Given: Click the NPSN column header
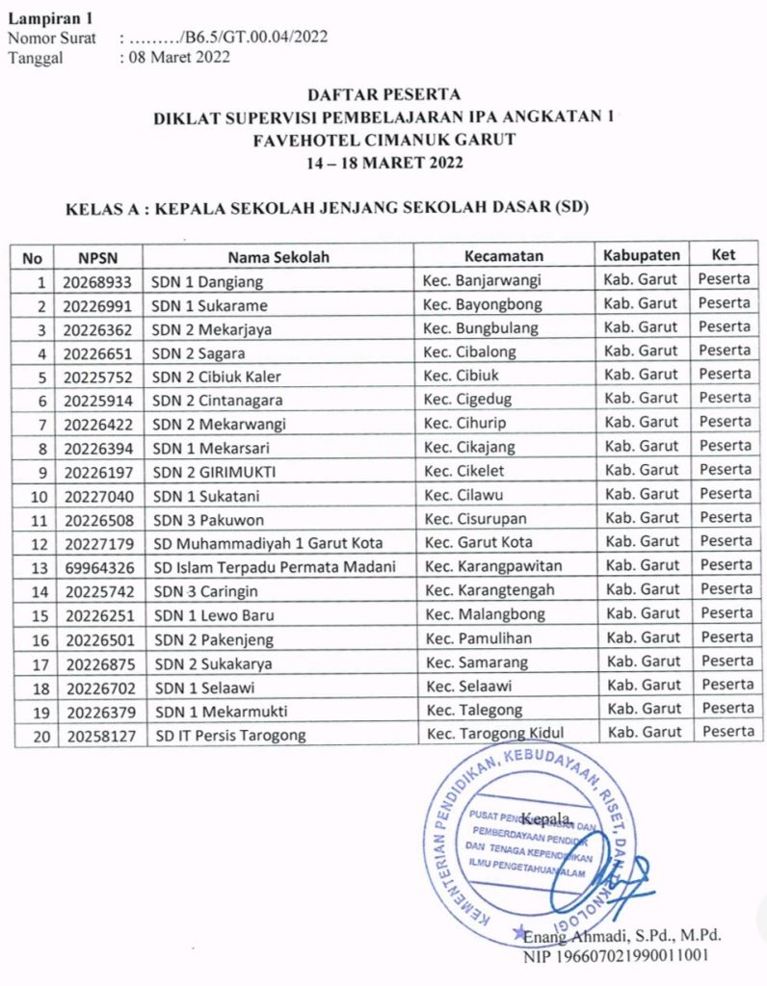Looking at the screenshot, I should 98,257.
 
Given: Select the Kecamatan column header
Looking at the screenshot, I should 504,256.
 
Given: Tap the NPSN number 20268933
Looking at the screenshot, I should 97,282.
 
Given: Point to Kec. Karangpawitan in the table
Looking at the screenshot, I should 493,565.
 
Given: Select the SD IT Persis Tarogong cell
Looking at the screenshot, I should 231,735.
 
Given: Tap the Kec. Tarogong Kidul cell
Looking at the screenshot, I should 495,733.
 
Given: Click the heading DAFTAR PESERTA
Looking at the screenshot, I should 383,94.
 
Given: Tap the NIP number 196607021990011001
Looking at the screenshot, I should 617,956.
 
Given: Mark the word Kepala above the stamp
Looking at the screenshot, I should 546,818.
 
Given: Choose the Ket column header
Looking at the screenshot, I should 723,255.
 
